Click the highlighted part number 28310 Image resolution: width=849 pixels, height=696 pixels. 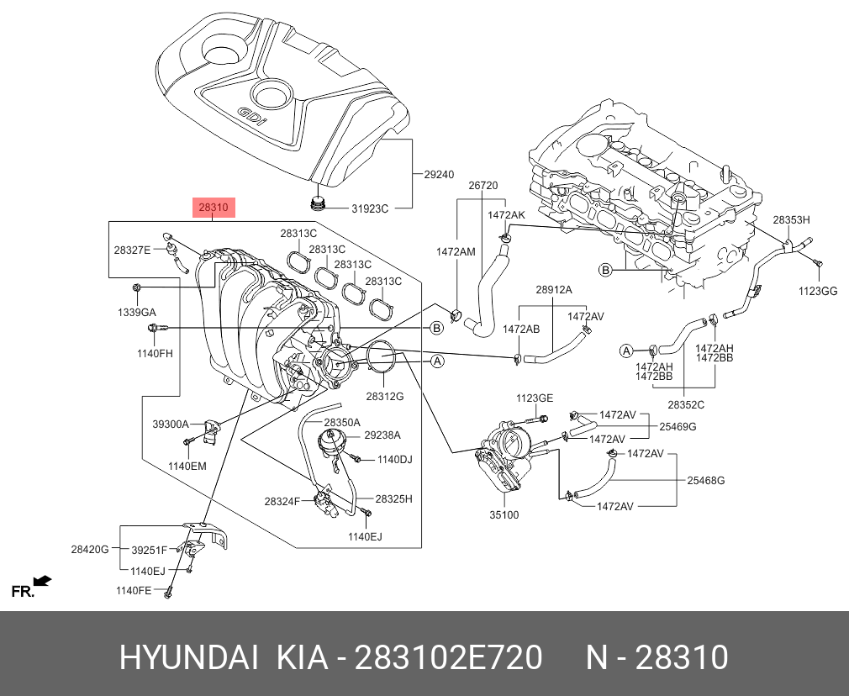coord(212,206)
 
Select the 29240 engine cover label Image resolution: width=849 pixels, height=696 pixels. coord(438,175)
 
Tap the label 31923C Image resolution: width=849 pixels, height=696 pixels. coord(370,208)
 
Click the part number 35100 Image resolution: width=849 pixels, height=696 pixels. coord(504,514)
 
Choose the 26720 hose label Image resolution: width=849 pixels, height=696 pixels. coord(483,185)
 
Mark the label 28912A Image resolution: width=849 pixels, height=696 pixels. coord(553,290)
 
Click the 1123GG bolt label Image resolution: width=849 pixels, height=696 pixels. coord(817,291)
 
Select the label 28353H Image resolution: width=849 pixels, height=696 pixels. coord(791,219)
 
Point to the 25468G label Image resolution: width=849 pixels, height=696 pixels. coord(705,480)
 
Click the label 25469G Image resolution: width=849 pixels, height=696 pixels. coord(678,427)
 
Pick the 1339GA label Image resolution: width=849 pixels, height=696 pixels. coord(137,312)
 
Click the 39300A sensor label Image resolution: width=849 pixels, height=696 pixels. coord(171,424)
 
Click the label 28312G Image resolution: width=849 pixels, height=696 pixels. coord(384,395)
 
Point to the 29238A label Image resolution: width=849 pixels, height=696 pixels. coord(382,435)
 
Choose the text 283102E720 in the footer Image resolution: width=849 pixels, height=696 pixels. coord(448,657)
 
